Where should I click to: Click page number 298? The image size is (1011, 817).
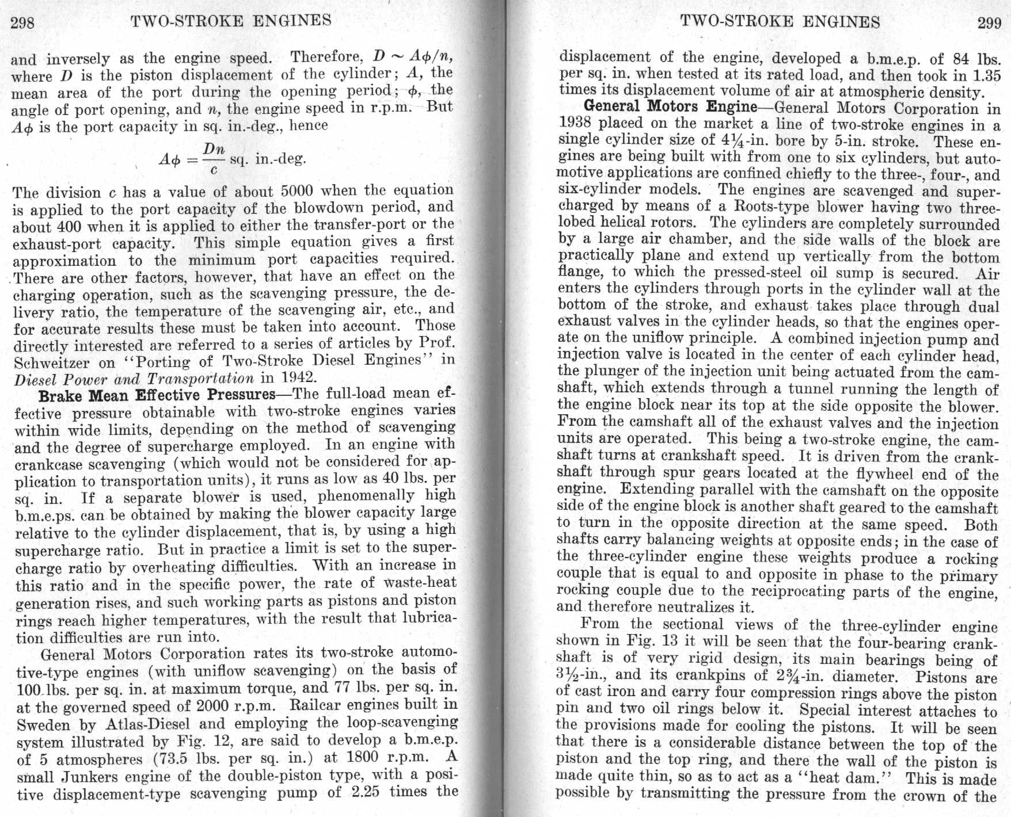23,22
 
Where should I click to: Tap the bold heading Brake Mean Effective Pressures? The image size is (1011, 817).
157,395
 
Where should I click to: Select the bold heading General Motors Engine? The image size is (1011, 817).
670,107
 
